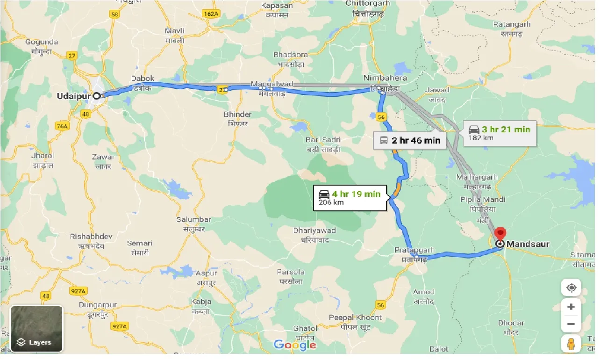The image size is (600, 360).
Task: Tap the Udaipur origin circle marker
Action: pos(97,96)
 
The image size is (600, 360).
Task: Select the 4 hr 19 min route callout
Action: pos(350,197)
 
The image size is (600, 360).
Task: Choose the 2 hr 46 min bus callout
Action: pos(410,140)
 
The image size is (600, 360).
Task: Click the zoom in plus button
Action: pos(571,307)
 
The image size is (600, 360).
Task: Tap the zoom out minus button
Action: pos(571,324)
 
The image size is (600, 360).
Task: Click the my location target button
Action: pos(571,287)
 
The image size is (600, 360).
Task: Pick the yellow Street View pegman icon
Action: pos(571,344)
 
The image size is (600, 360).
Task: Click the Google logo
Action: pos(295,345)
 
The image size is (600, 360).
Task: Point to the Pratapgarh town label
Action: pos(414,254)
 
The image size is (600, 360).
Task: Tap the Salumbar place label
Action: pos(193,223)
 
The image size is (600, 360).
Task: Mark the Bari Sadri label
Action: pos(322,144)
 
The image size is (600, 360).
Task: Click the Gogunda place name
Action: pos(42,46)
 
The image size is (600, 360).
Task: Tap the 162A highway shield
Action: pos(211,14)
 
